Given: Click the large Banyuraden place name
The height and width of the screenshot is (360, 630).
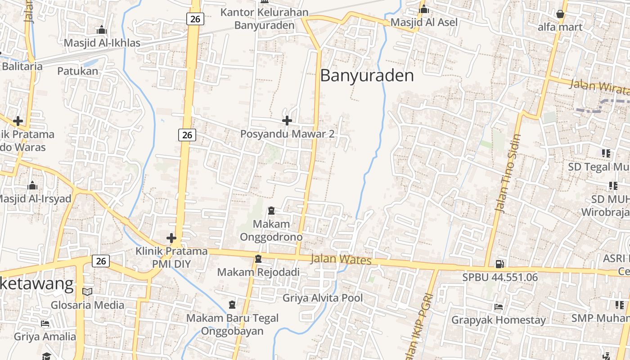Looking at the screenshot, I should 367,76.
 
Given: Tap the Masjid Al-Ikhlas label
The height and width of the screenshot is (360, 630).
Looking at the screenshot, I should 102,43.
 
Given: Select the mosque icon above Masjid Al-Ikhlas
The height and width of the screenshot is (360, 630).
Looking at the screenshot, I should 102,30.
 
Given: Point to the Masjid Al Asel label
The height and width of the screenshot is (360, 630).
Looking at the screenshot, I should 424,22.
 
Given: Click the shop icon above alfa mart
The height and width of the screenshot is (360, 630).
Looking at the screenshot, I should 560,14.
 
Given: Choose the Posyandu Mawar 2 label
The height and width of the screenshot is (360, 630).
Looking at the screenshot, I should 287,134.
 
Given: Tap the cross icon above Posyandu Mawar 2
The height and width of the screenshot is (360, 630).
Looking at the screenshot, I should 287,121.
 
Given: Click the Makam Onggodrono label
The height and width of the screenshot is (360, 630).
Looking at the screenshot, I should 271,230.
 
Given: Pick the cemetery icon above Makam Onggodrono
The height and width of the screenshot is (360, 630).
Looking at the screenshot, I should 271,210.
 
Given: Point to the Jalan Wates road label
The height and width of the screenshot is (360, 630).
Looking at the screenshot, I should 341,260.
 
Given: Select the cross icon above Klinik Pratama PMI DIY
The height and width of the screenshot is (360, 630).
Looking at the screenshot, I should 171,238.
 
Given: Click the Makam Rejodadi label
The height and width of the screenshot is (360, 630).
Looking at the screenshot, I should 258,272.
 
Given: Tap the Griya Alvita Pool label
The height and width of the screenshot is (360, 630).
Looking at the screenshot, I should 323,298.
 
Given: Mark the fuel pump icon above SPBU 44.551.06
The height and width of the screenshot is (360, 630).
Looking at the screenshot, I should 499,264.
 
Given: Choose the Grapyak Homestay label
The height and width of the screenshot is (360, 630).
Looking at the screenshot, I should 499,320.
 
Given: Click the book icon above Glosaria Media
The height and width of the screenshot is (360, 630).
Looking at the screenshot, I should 87,292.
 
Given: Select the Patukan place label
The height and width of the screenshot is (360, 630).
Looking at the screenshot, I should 77,71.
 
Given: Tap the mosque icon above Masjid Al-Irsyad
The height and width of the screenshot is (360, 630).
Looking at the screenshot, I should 32,186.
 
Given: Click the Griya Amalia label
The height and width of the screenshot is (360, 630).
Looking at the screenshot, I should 45,337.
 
